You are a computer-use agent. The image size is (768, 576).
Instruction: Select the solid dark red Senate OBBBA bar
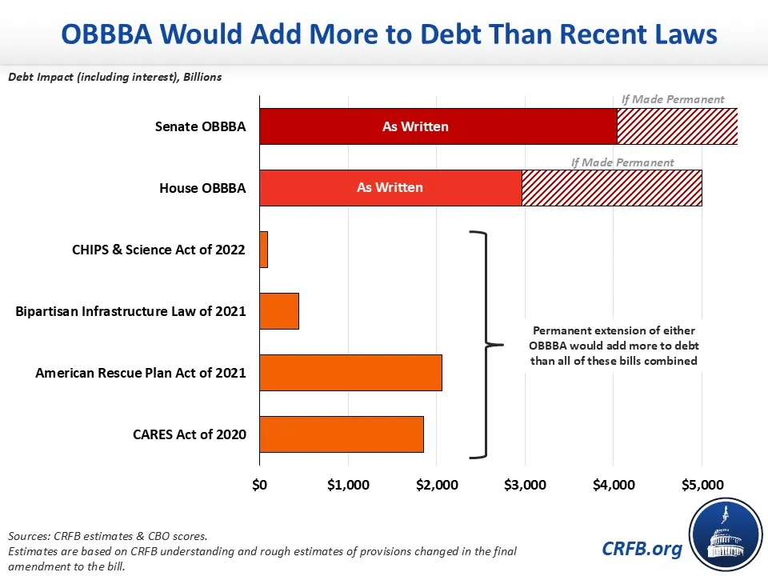(438, 126)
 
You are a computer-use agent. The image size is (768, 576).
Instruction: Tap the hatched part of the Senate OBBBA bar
(677, 126)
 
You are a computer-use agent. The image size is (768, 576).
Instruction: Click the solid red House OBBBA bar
(390, 188)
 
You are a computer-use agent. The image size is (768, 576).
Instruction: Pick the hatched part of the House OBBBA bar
(612, 188)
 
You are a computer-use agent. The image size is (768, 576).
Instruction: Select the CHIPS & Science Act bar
(263, 250)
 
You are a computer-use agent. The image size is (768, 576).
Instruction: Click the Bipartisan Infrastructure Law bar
(279, 311)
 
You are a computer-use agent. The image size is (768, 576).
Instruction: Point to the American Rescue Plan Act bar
(350, 373)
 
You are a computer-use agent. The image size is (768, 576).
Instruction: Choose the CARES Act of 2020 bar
(342, 434)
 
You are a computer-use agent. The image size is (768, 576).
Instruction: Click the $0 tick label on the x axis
(260, 485)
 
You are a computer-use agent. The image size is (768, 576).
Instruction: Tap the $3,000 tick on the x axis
(525, 485)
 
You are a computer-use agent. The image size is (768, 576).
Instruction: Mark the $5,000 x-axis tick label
(702, 485)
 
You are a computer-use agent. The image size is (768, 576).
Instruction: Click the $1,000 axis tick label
(348, 485)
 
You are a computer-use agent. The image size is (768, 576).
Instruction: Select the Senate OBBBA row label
(200, 127)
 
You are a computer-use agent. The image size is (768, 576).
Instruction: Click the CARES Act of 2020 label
(189, 435)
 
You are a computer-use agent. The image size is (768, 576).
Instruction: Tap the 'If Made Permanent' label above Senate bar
(673, 100)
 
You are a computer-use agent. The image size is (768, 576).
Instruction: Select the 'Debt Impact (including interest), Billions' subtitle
(115, 78)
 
